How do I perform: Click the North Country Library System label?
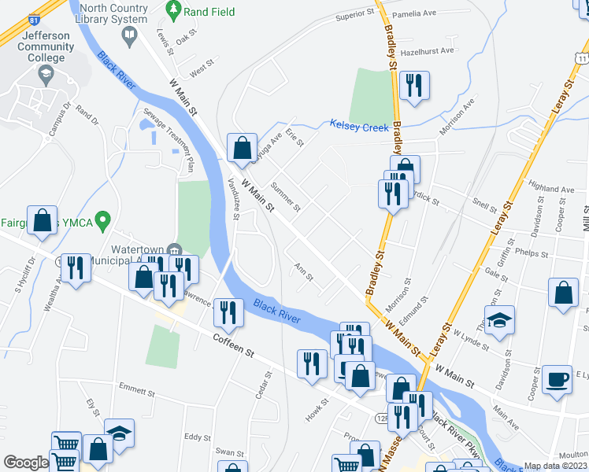pyautogui.click(x=113, y=13)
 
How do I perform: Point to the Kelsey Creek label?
pyautogui.click(x=359, y=126)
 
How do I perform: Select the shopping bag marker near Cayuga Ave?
pyautogui.click(x=241, y=146)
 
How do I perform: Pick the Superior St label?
pyautogui.click(x=354, y=15)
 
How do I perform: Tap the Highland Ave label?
pyautogui.click(x=552, y=190)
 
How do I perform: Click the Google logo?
pyautogui.click(x=25, y=463)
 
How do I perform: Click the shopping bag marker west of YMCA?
pyautogui.click(x=43, y=221)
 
